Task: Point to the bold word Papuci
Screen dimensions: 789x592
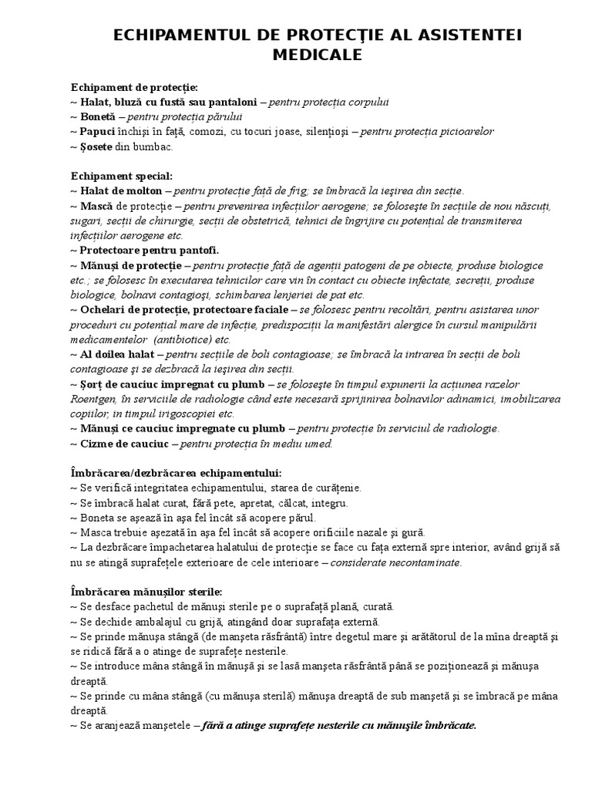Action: [x=98, y=131]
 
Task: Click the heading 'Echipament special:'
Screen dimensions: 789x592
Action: [x=122, y=176]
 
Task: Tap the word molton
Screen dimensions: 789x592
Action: [x=144, y=190]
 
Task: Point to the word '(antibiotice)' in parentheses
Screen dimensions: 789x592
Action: [x=183, y=339]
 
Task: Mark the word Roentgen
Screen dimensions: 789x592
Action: [x=97, y=398]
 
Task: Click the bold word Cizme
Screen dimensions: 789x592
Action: [x=97, y=443]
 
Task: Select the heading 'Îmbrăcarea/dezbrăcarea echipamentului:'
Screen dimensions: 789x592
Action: [x=176, y=472]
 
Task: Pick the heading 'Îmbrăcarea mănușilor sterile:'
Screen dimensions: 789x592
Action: [x=146, y=592]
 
